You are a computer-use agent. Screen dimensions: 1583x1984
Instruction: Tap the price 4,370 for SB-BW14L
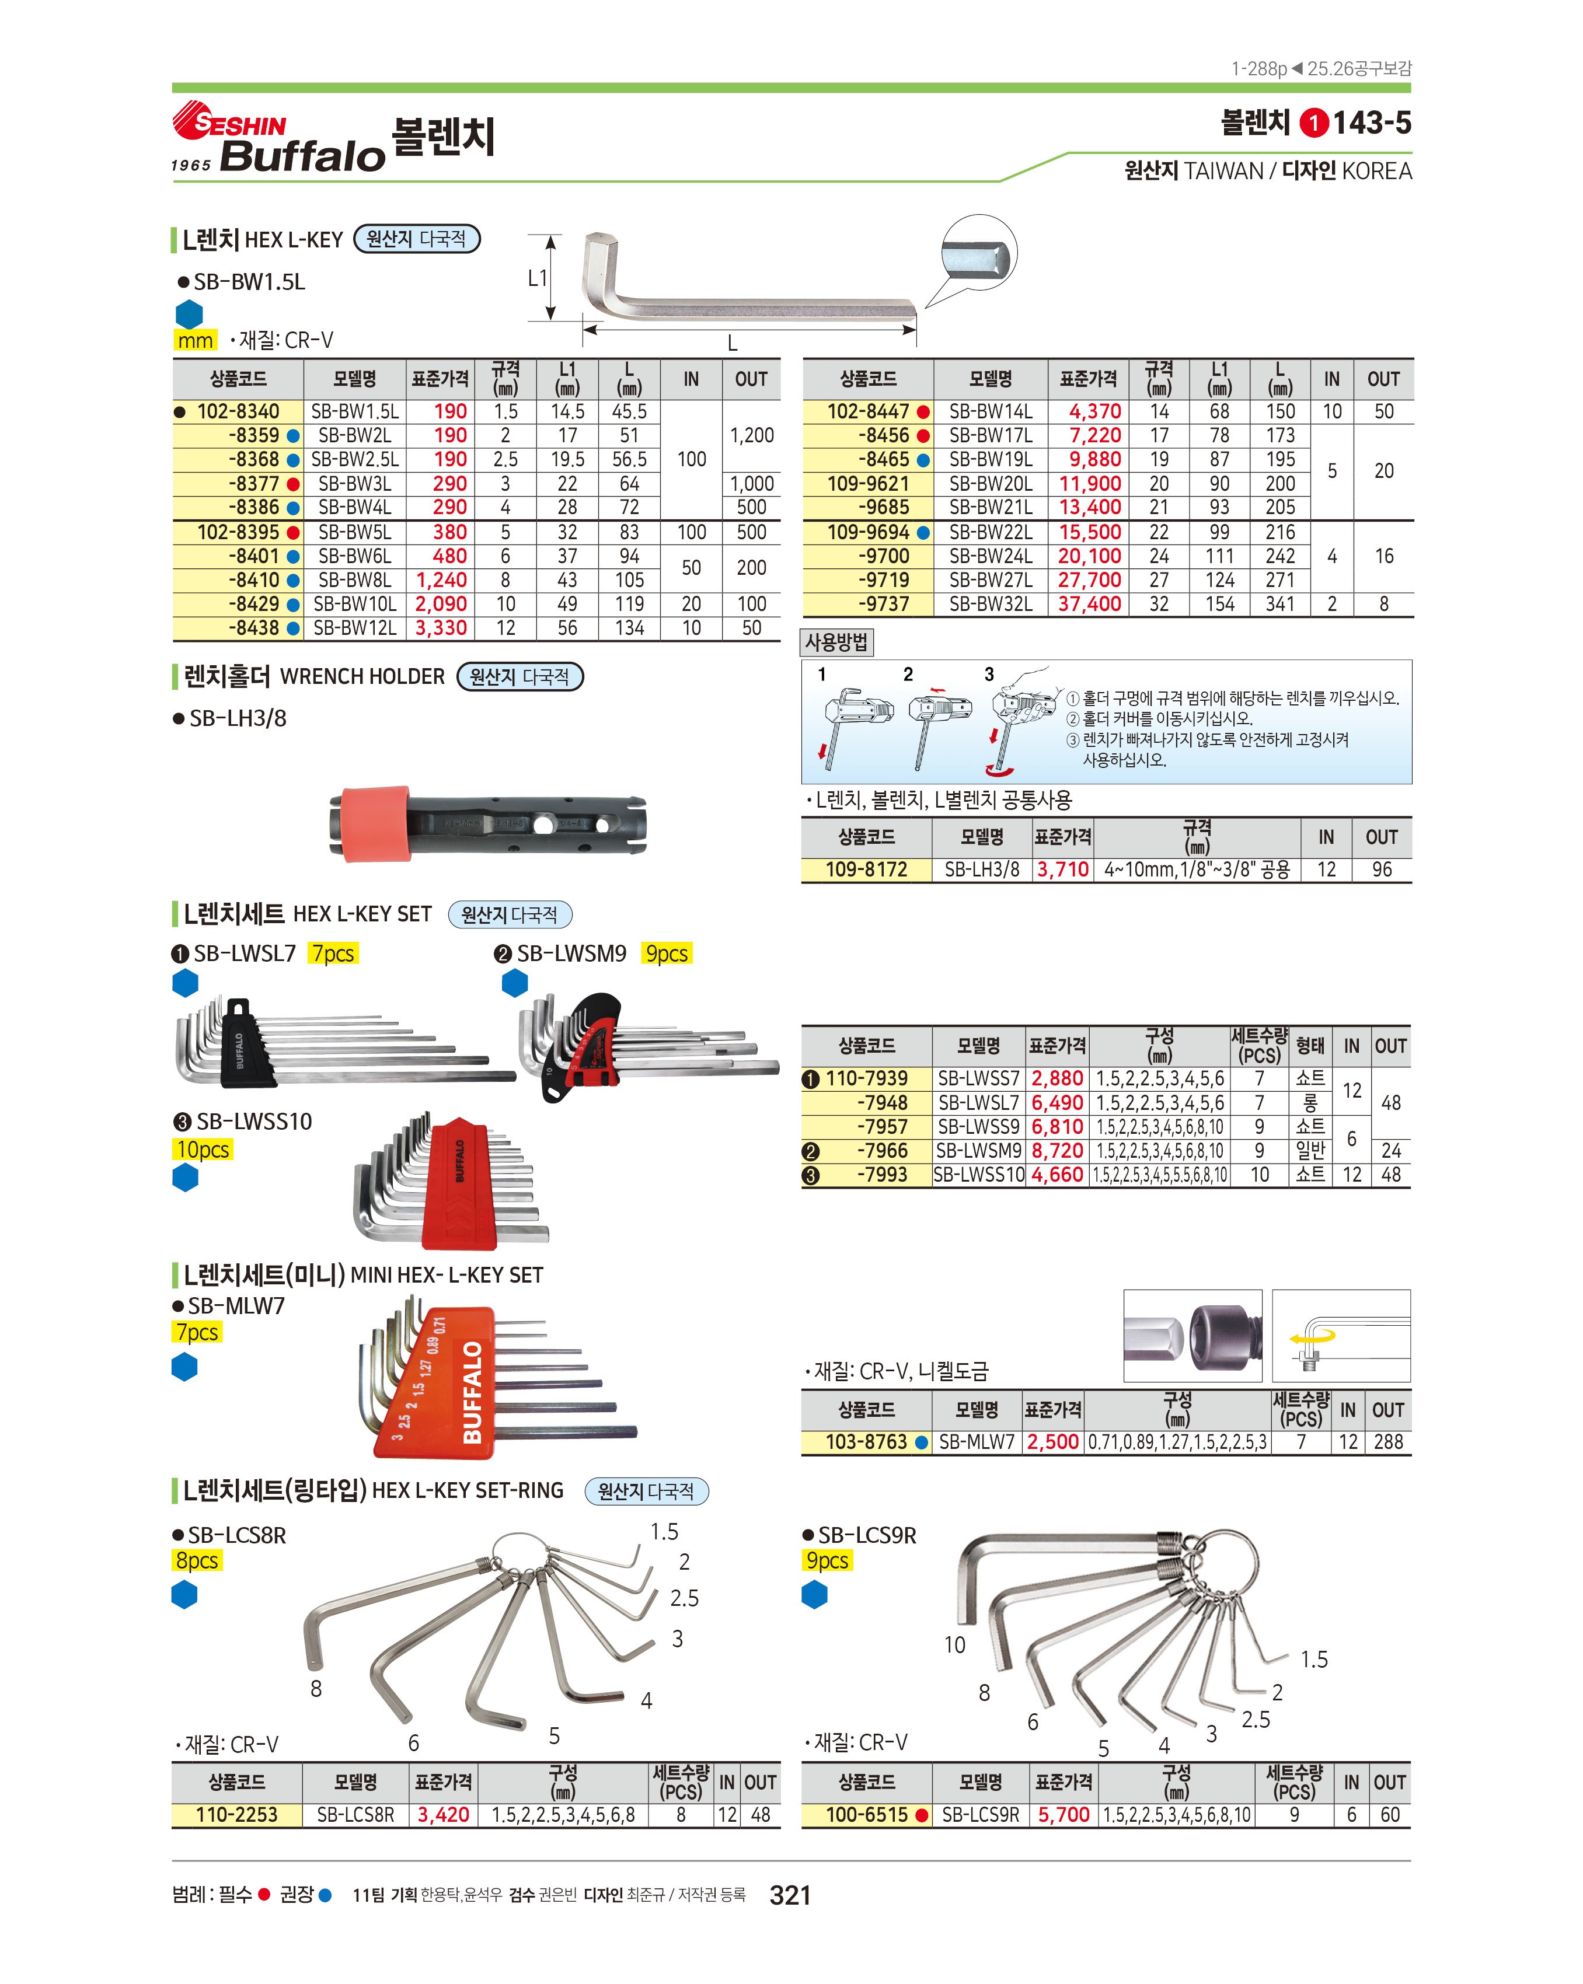coord(1094,411)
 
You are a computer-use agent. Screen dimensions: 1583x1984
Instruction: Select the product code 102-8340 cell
coord(238,411)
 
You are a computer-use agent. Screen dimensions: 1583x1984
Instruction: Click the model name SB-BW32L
coord(991,605)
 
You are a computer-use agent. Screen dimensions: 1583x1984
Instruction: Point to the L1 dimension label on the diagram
coord(538,278)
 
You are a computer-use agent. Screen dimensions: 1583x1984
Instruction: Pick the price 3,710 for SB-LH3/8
coord(1062,869)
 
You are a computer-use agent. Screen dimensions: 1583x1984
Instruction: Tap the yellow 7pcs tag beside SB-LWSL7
coord(333,953)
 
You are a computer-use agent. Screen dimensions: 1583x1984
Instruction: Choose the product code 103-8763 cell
coord(866,1442)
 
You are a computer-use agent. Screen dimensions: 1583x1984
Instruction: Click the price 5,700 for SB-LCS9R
coord(1063,1815)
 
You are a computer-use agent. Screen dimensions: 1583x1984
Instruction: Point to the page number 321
coord(790,1895)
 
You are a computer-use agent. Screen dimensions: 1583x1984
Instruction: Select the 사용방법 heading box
coord(836,642)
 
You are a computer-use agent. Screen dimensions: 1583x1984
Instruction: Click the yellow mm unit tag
coord(195,340)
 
